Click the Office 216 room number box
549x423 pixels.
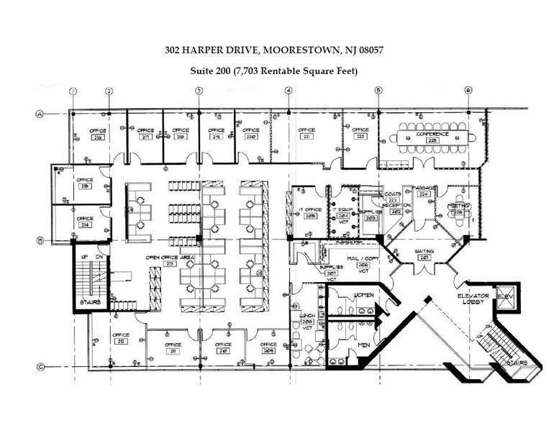[x=97, y=137]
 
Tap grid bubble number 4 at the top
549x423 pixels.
[x=289, y=91]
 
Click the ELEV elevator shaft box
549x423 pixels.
[x=504, y=297]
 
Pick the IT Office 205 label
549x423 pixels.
[x=310, y=213]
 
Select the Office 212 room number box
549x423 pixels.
[x=120, y=341]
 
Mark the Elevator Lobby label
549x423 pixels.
[x=473, y=300]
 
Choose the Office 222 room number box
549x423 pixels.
[x=360, y=137]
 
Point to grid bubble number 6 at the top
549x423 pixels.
[x=468, y=91]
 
